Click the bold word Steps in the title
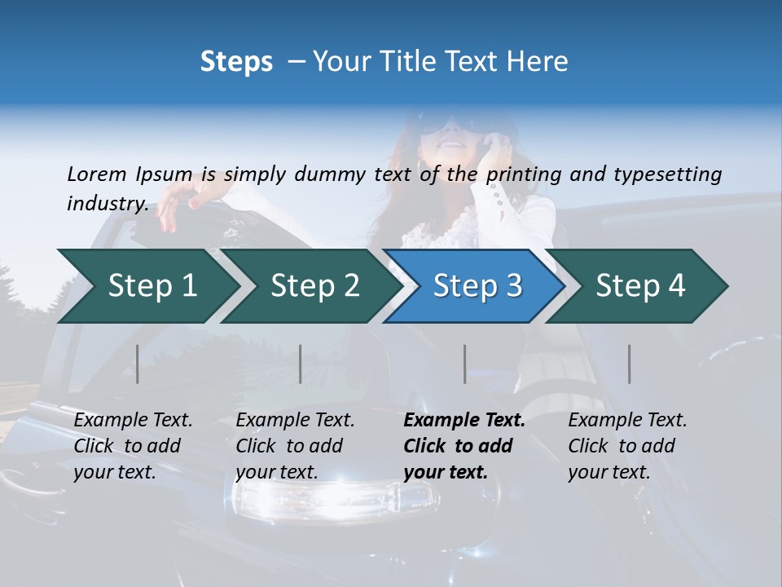click(x=236, y=62)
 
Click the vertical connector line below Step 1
click(x=138, y=364)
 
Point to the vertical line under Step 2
click(x=301, y=364)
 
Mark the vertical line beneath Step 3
click(x=465, y=364)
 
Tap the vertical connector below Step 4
click(x=630, y=364)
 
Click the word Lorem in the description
click(x=97, y=174)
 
